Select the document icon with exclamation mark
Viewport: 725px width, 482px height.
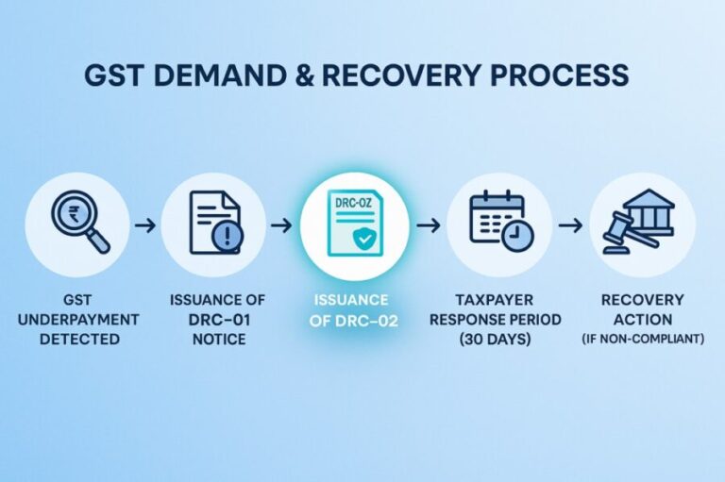pyautogui.click(x=214, y=225)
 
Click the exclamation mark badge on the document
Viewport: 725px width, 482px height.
pyautogui.click(x=228, y=238)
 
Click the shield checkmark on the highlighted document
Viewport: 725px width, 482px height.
pyautogui.click(x=362, y=241)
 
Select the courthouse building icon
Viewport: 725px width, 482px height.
pyautogui.click(x=650, y=214)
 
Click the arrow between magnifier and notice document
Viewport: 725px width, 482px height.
pyautogui.click(x=145, y=226)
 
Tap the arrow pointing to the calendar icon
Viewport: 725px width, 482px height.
pyautogui.click(x=428, y=226)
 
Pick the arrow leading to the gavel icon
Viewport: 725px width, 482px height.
pyautogui.click(x=569, y=226)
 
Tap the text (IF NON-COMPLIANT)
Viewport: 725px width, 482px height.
pyautogui.click(x=641, y=339)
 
